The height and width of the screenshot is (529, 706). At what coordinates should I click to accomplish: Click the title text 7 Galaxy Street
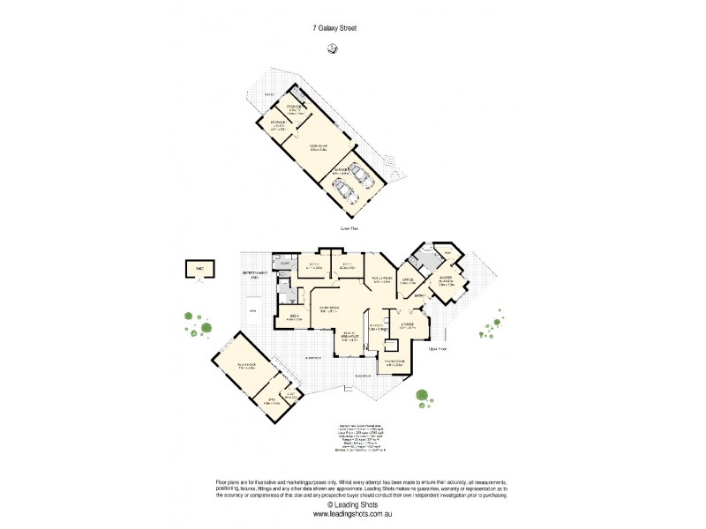click(x=334, y=27)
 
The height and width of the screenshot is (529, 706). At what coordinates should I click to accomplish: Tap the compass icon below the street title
click(x=332, y=50)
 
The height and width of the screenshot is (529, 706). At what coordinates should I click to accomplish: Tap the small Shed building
click(x=194, y=268)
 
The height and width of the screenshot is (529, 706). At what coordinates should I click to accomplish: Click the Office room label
click(x=407, y=281)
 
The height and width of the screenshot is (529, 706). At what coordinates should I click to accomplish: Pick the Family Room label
click(x=368, y=279)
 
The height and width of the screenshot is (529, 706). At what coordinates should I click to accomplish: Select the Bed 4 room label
click(x=294, y=317)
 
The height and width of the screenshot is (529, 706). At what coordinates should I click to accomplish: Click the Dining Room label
click(x=394, y=361)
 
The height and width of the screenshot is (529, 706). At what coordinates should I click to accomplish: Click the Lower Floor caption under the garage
click(x=350, y=228)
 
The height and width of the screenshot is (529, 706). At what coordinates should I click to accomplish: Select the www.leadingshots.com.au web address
click(x=352, y=514)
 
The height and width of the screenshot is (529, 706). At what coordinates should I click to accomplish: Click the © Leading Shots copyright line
click(x=352, y=504)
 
